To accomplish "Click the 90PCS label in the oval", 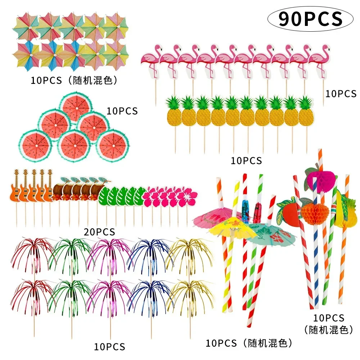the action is click(x=310, y=19).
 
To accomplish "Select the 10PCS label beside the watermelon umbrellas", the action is click(x=122, y=111).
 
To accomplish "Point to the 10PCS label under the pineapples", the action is click(x=246, y=161).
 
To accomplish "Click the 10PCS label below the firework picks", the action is click(x=109, y=347).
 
